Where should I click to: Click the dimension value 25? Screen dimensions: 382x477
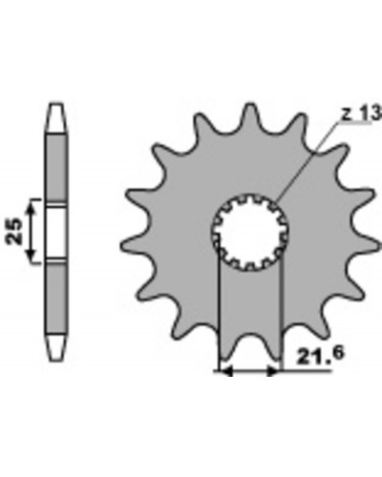pos(15,231)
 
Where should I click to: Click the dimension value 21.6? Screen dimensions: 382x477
pos(320,355)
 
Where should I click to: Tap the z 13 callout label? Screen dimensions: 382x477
pos(361,113)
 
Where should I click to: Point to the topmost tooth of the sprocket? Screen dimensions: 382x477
pos(250,114)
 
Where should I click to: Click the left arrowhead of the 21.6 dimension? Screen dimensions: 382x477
pos(226,371)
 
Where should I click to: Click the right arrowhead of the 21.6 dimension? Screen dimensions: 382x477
pos(273,371)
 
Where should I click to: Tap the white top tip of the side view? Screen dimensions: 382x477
pos(57,117)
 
